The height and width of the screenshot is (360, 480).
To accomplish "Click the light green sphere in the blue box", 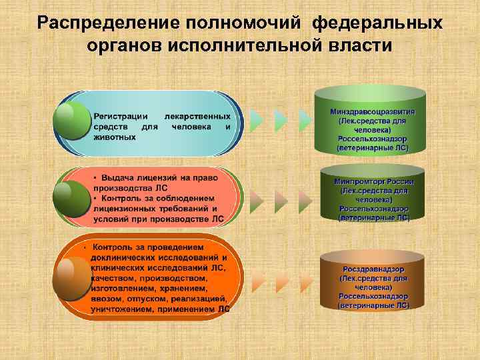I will [73, 119].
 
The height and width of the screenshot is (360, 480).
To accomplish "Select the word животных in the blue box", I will [115, 136].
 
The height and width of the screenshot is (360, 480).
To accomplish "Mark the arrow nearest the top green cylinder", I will [305, 121].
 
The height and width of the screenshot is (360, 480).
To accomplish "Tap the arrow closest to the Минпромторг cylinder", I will [305, 198].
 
